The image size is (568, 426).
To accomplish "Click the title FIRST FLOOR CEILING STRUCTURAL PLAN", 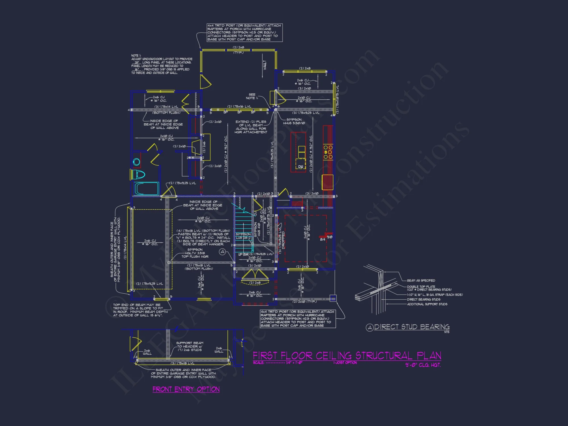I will (x=347, y=356).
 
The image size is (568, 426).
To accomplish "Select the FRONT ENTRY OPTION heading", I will (x=186, y=389).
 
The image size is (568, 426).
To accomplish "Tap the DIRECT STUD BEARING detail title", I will (x=412, y=327).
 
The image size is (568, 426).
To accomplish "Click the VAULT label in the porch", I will (x=265, y=65).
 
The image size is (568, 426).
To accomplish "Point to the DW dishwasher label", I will (x=300, y=167).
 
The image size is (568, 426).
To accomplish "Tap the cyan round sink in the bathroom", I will (x=137, y=162).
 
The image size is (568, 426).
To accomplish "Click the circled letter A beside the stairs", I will (x=223, y=252).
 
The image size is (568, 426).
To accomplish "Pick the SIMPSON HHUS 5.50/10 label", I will (x=294, y=121).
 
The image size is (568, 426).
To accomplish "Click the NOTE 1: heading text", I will (x=135, y=56).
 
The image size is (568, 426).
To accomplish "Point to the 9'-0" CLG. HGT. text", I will (x=423, y=365).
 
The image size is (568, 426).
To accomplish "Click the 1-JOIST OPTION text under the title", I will (x=345, y=363).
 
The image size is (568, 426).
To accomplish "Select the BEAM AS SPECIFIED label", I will (x=421, y=280).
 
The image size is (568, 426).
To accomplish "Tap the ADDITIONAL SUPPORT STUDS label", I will (x=427, y=304).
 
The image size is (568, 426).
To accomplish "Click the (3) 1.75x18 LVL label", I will (x=182, y=363).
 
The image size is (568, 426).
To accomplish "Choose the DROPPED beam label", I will (x=283, y=240).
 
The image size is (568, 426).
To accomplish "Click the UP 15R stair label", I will (x=243, y=254).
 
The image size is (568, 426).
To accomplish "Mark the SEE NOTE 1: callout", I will (x=252, y=96).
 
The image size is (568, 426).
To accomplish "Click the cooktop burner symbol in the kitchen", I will (x=328, y=152).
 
